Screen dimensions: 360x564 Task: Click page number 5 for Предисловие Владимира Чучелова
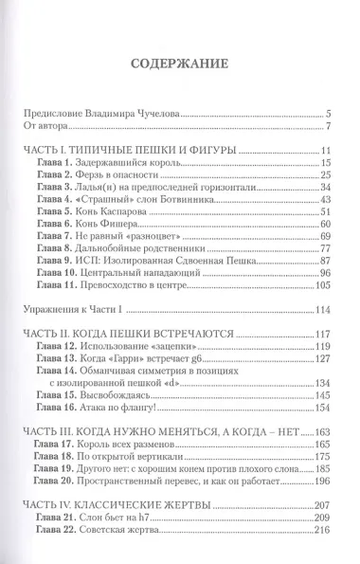point(326,112)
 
